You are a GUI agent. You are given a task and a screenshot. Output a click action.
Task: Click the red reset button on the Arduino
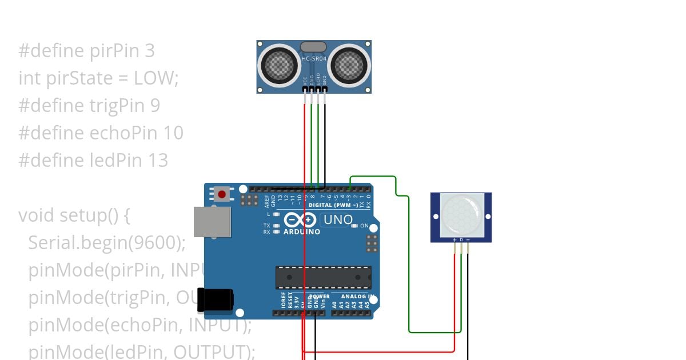click(x=222, y=194)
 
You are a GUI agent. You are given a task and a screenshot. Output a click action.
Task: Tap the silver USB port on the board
click(x=212, y=222)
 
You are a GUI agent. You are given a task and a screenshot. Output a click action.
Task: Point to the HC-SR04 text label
click(x=314, y=58)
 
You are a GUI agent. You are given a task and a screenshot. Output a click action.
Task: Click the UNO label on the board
click(x=338, y=219)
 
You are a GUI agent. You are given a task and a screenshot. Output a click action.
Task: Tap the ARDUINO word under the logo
click(x=302, y=232)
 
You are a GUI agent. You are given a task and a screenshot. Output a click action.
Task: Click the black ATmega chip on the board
click(x=323, y=277)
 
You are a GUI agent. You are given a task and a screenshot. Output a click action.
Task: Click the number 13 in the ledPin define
click(x=158, y=161)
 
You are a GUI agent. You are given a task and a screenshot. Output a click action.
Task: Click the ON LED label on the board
click(x=364, y=226)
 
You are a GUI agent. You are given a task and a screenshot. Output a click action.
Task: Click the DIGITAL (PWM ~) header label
click(x=333, y=205)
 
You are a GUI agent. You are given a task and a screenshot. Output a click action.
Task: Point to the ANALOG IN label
click(x=357, y=297)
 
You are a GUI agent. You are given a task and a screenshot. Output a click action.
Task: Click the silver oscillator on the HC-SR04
click(x=313, y=46)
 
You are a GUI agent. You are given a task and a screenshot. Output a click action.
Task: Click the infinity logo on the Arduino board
click(x=300, y=220)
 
